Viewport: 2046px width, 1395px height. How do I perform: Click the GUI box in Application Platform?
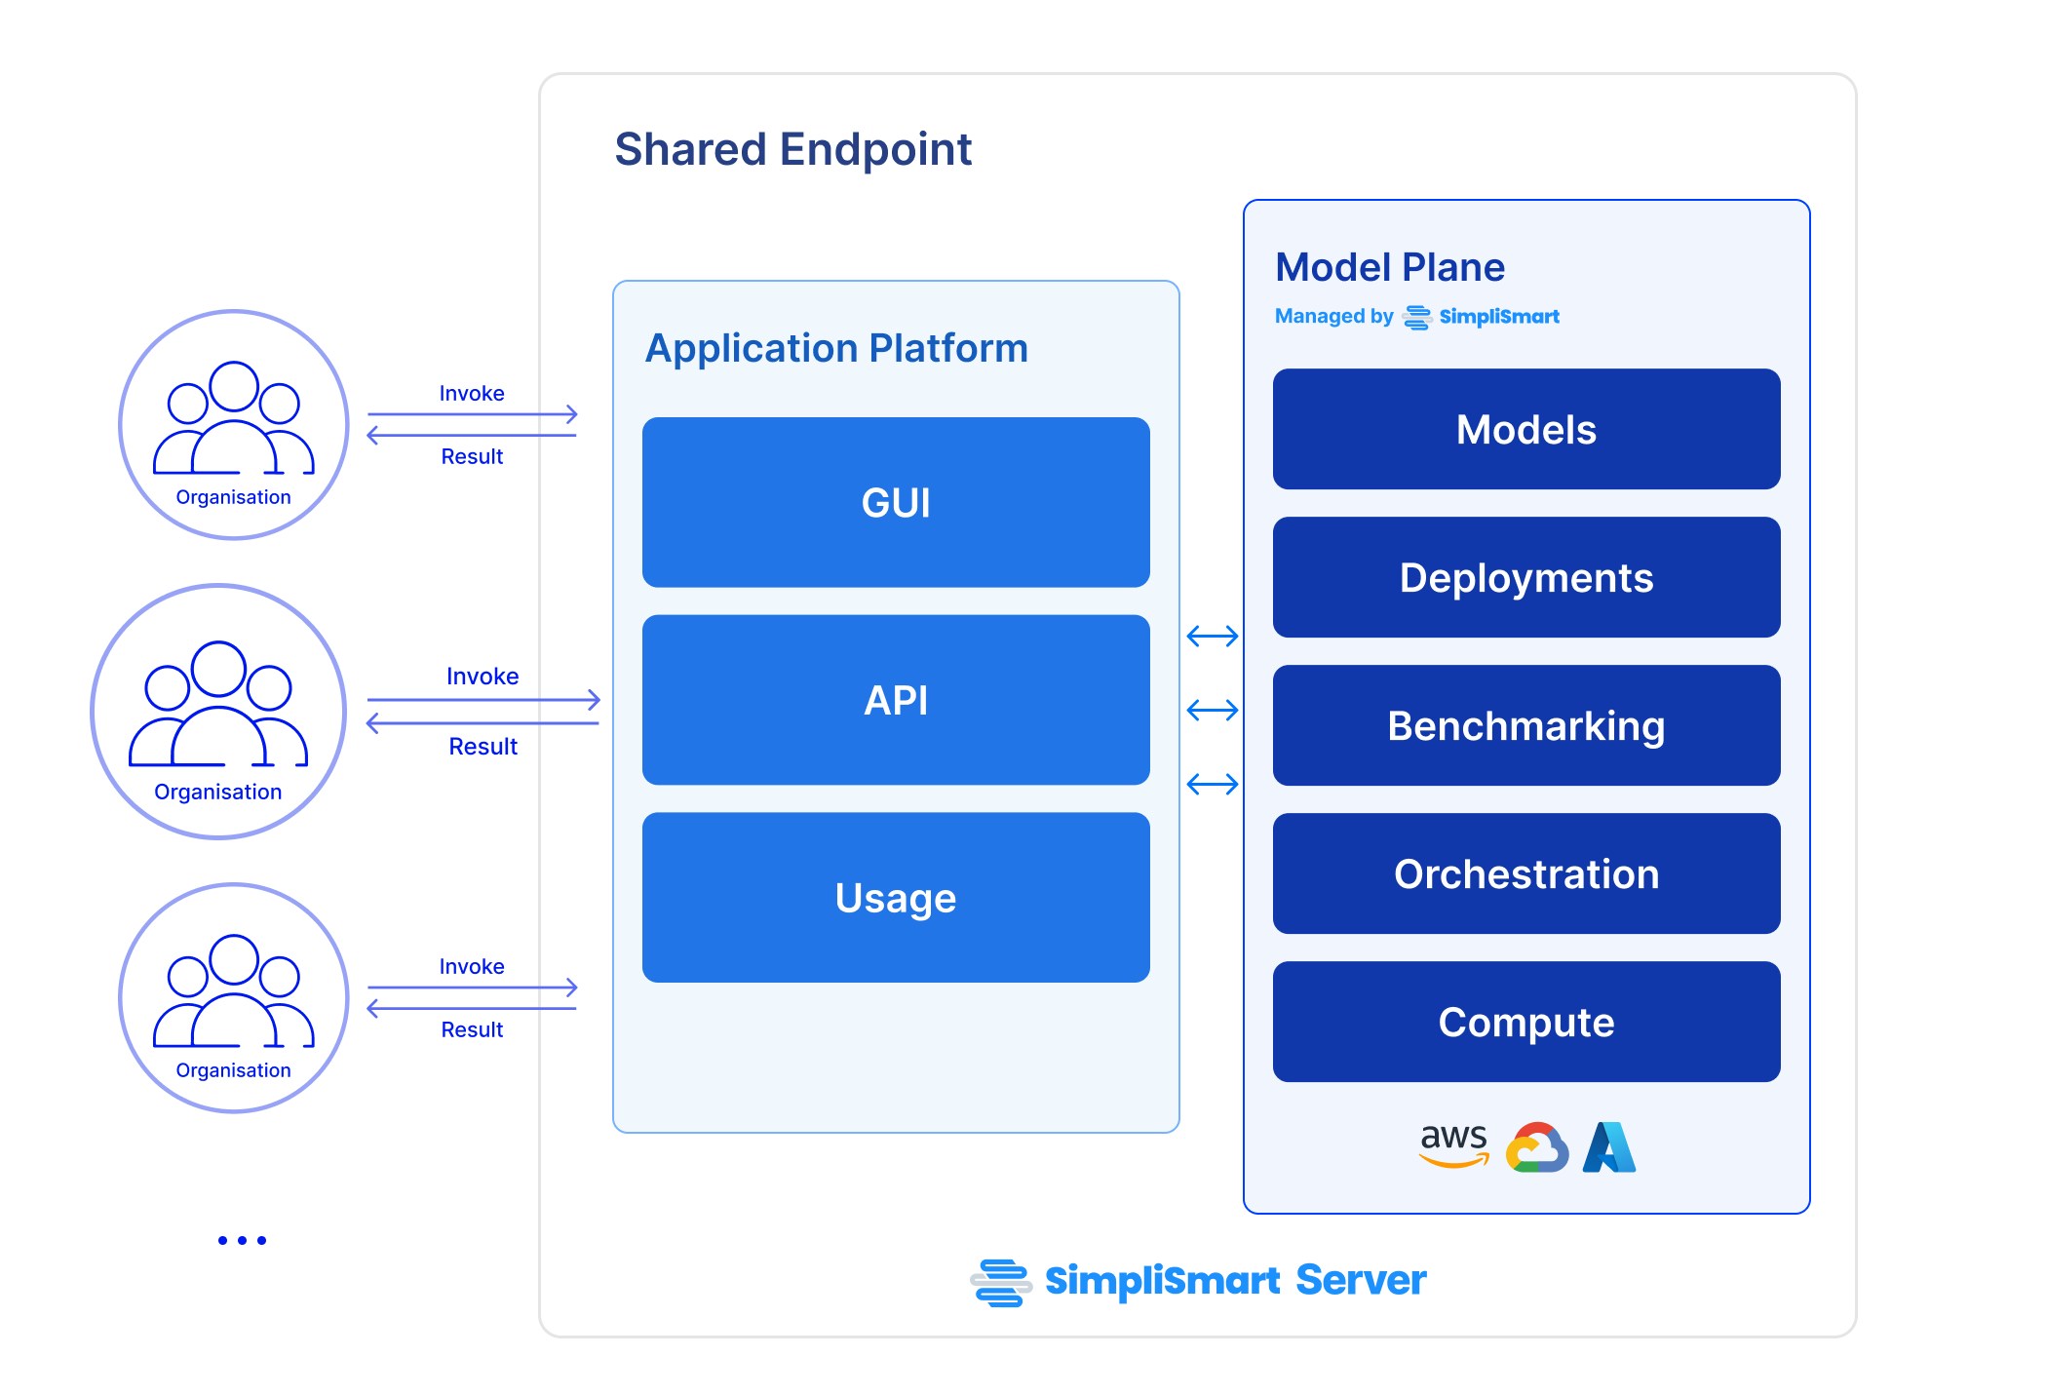[x=895, y=502]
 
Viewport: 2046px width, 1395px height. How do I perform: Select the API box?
[x=895, y=700]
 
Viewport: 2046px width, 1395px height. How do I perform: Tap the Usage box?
[x=895, y=897]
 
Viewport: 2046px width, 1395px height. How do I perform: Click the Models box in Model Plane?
[x=1525, y=429]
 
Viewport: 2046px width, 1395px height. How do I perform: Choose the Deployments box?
[x=1525, y=577]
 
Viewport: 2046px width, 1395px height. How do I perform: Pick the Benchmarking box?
[x=1525, y=725]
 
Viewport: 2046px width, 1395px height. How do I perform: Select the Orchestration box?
[x=1525, y=873]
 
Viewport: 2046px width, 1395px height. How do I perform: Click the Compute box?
[x=1525, y=1022]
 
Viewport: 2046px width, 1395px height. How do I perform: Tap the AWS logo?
[x=1453, y=1144]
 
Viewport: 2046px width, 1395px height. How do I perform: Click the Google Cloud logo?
[x=1536, y=1147]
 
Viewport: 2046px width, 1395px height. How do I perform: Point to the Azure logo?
[x=1608, y=1147]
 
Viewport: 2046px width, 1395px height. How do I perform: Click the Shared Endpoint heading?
[x=792, y=149]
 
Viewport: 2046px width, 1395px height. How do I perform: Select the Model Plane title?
[x=1389, y=267]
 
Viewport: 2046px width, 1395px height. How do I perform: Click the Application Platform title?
[x=836, y=348]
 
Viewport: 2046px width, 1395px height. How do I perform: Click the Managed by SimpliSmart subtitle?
[x=1416, y=317]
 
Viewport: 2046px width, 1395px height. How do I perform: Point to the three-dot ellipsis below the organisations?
[x=242, y=1240]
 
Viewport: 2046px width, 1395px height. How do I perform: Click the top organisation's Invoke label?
[x=472, y=393]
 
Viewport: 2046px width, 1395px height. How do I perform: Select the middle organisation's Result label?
[x=483, y=747]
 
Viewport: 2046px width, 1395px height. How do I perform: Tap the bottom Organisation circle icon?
[x=234, y=997]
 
